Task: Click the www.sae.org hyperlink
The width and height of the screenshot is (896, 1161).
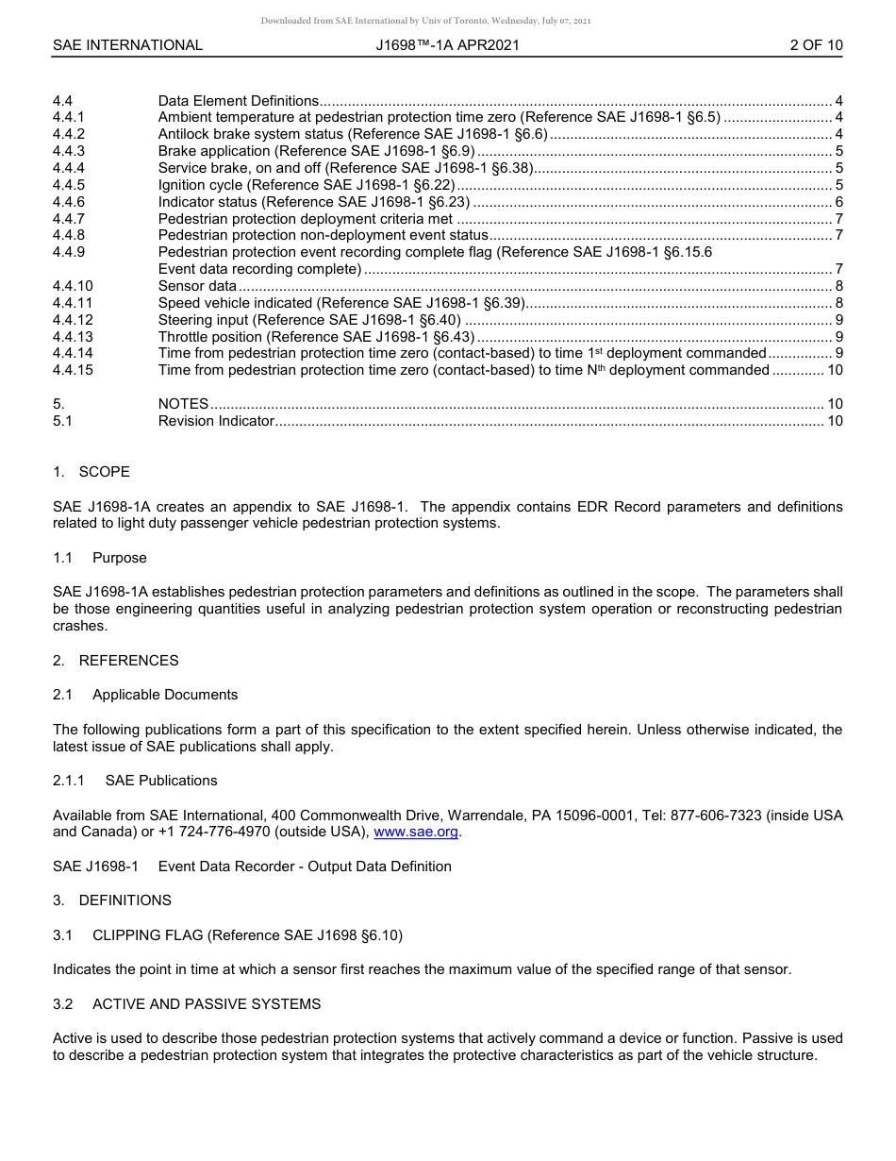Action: (x=417, y=832)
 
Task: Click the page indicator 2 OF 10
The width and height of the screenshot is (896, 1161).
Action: (x=816, y=45)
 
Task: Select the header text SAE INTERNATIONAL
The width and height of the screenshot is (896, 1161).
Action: (x=127, y=45)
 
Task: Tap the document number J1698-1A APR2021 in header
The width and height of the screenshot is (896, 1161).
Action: (x=447, y=45)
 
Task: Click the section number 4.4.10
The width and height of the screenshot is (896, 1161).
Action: (x=73, y=286)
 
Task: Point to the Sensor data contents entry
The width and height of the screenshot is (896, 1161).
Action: (x=197, y=286)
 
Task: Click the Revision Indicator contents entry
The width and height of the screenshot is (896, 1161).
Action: (x=216, y=421)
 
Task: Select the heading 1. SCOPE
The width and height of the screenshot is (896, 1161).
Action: (x=91, y=472)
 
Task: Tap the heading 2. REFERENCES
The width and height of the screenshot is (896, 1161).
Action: (x=115, y=661)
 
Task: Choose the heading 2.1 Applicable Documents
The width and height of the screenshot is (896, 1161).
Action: (x=145, y=695)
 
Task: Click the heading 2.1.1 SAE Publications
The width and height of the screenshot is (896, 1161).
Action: (x=135, y=781)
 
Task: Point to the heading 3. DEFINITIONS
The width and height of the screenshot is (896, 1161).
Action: (x=112, y=900)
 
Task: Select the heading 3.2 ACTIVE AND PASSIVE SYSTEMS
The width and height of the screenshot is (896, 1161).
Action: (x=187, y=1004)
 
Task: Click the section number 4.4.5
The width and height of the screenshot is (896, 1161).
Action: (x=69, y=185)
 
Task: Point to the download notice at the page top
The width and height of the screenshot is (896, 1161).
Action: (x=425, y=21)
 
